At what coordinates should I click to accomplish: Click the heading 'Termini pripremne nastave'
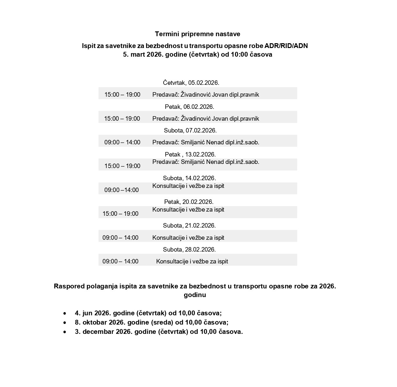coord(198,34)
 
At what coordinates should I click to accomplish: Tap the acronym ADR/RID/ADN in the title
coord(286,46)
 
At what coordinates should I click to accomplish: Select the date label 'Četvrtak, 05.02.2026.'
coord(191,83)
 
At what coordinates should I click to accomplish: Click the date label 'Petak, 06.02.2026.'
coord(190,107)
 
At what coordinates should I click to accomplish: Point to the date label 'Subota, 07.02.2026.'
coord(190,131)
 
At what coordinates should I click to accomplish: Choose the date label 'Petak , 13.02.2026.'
coord(190,154)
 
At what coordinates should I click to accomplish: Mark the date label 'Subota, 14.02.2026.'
coord(190,178)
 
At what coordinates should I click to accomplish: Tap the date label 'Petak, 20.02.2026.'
coord(189,202)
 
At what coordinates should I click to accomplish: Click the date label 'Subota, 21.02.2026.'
coord(189,226)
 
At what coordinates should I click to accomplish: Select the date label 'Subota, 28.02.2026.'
coord(189,250)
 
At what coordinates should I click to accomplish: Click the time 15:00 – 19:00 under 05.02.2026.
coord(122,95)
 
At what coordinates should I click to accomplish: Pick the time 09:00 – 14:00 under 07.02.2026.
coord(122,142)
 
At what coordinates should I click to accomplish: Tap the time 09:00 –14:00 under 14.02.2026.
coord(122,190)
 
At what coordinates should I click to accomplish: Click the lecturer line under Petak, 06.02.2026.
coord(206,119)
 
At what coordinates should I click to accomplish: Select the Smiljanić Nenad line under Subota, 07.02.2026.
coord(206,142)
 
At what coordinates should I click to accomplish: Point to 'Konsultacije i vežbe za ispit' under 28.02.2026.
coord(192,262)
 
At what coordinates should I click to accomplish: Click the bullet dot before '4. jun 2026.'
coord(65,313)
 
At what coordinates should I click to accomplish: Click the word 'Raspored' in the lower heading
coord(69,286)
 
